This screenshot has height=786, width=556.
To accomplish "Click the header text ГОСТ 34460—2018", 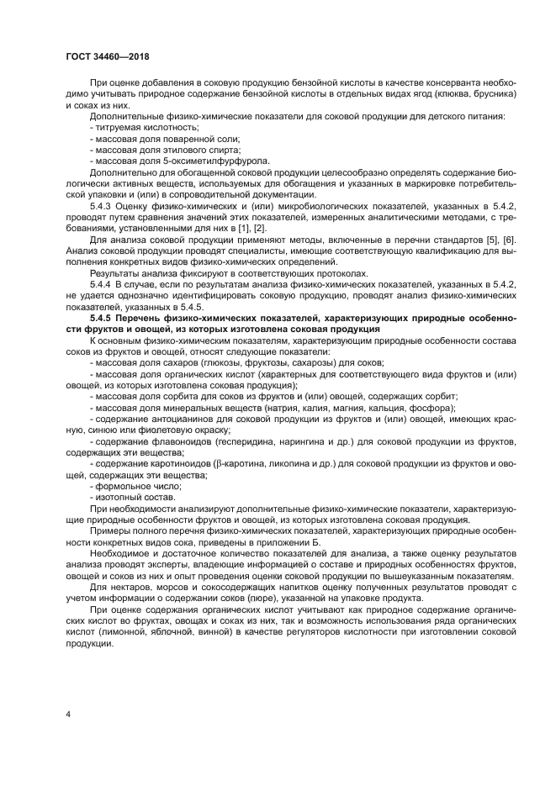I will tap(102, 57).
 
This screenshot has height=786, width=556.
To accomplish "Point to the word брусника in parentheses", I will tap(485, 97).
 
